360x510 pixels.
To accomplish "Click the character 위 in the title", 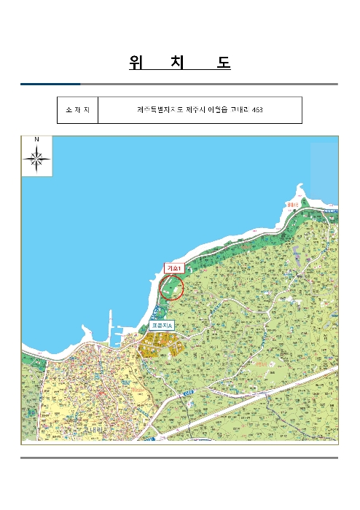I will click(136, 63).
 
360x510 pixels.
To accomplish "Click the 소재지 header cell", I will click(77, 110).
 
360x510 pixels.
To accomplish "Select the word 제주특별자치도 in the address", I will click(155, 110).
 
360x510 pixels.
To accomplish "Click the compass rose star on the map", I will click(36, 158).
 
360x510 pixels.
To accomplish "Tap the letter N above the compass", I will click(36, 139).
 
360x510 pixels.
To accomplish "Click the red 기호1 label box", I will click(173, 268).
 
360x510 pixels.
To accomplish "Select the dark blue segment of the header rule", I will click(50, 84).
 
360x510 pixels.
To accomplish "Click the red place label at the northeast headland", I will click(293, 205).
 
